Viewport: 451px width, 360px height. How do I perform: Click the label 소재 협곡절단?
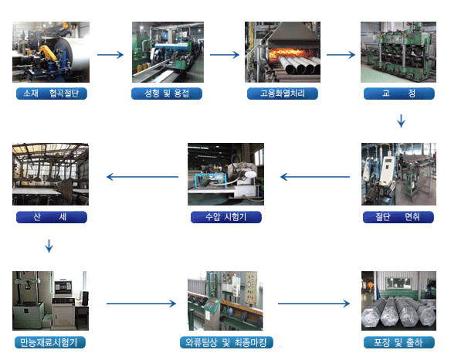click(52, 93)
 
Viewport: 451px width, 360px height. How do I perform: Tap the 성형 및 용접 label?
click(167, 93)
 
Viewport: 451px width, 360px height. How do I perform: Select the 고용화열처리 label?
click(283, 93)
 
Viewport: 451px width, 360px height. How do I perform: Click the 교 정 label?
click(399, 93)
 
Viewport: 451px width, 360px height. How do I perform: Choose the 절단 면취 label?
click(398, 217)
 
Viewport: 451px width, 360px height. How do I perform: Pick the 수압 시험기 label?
click(226, 217)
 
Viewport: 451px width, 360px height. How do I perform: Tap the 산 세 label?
click(52, 217)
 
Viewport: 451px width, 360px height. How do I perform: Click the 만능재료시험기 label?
click(50, 342)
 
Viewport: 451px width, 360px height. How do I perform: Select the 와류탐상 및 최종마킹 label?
click(226, 342)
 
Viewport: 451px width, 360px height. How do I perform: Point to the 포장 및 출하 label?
click(399, 342)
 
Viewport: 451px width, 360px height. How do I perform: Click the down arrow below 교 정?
click(402, 121)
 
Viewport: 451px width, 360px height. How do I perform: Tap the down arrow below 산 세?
click(49, 246)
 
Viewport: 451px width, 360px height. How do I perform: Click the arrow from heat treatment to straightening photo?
click(341, 55)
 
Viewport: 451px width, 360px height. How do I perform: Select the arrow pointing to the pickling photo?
click(142, 177)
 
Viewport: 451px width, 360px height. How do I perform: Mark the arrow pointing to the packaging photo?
click(314, 304)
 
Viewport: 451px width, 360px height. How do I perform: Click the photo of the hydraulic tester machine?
click(225, 174)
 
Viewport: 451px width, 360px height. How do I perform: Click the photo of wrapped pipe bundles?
click(398, 301)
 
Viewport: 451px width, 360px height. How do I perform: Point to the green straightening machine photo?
click(398, 52)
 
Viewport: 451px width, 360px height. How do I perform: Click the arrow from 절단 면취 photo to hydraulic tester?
click(315, 177)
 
